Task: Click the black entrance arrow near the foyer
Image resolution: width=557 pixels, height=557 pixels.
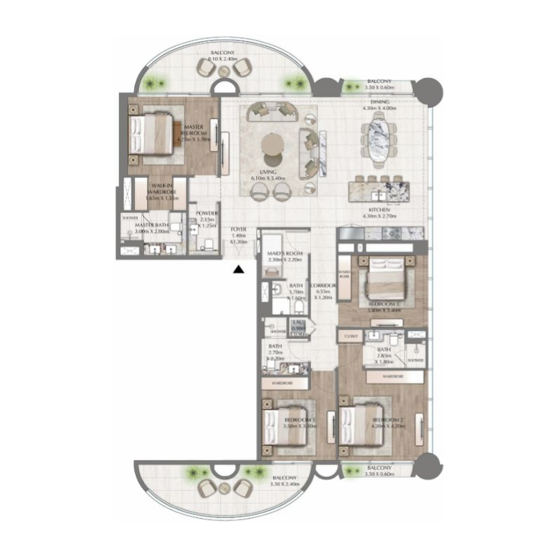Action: [238, 269]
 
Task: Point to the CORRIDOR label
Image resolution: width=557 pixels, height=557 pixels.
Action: [324, 285]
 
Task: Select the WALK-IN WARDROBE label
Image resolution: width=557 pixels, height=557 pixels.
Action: [158, 191]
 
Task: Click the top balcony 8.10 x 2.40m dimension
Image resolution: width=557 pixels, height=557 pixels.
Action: [223, 61]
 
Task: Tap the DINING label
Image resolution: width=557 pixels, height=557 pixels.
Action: [379, 101]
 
